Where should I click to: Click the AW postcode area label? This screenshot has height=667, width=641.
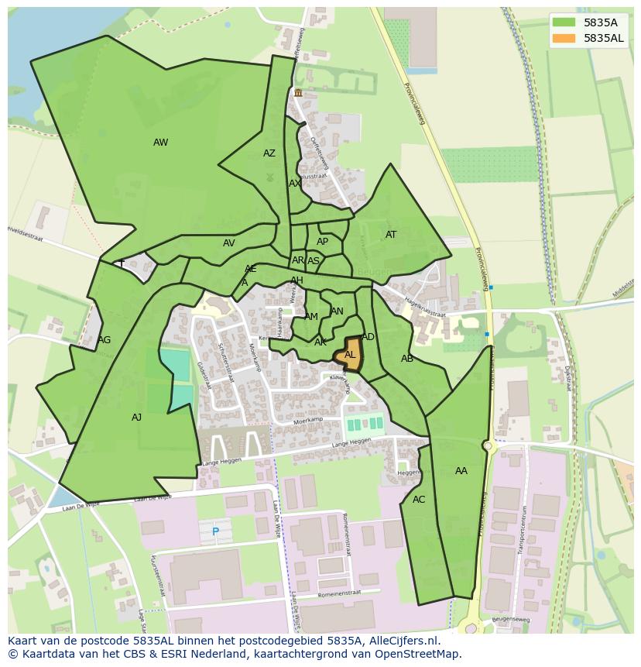(160, 143)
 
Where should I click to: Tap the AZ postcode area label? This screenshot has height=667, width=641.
(269, 153)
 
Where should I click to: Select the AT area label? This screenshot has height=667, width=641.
(391, 235)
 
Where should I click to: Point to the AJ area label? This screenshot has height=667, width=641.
(136, 418)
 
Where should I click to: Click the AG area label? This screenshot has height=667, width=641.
(105, 340)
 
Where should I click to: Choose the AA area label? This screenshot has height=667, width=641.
(461, 471)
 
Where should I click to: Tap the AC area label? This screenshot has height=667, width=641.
(419, 500)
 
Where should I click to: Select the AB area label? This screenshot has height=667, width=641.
(407, 359)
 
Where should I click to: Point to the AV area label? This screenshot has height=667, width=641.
(229, 243)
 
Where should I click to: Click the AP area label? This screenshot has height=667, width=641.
(323, 242)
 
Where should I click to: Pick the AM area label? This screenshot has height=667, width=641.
(311, 317)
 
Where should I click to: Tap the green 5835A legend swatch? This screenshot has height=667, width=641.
(564, 22)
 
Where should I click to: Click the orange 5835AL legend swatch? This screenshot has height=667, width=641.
(564, 38)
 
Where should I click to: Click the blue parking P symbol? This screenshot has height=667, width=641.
(215, 531)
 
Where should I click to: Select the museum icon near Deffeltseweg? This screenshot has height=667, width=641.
(298, 93)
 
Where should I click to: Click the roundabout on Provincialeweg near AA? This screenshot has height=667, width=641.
(488, 445)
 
